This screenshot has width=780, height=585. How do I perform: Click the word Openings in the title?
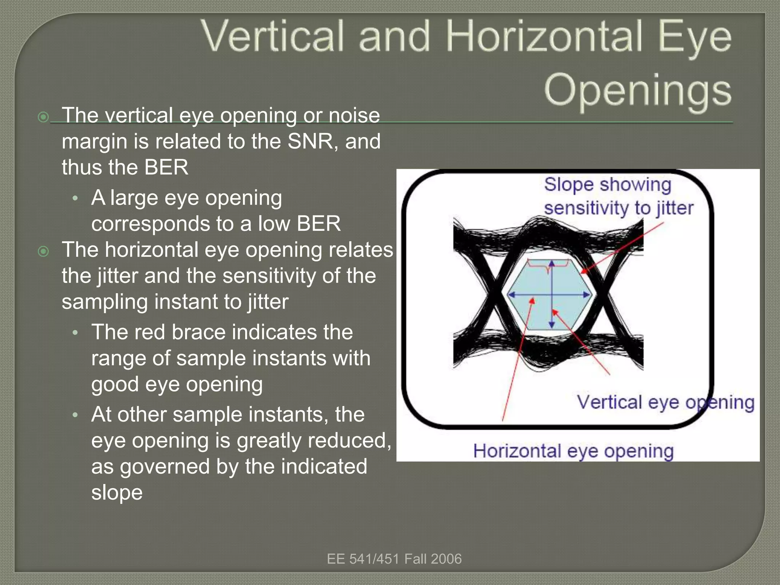pos(638,90)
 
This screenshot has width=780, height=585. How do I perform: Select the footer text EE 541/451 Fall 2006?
pos(394,559)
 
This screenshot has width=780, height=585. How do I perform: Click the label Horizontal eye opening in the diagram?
pos(573,451)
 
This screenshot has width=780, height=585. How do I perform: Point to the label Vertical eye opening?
pos(665,402)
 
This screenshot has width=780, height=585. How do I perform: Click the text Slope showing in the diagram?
pos(607,185)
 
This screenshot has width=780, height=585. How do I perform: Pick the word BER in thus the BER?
pos(166,167)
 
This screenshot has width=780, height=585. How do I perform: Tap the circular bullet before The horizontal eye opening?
pos(43,251)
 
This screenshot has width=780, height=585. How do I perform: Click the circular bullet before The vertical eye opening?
pos(43,117)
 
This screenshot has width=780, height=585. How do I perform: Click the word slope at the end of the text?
pos(117,492)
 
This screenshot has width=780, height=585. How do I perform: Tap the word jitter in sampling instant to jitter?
pos(268,302)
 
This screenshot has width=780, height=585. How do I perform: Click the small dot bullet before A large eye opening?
pos(75,198)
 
